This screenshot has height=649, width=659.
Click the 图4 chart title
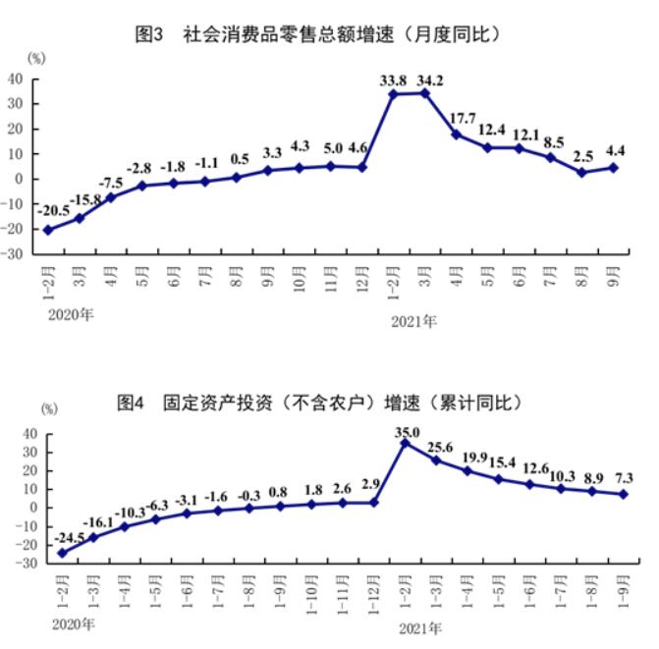pyautogui.click(x=318, y=403)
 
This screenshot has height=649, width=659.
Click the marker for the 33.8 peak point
pyautogui.click(x=392, y=94)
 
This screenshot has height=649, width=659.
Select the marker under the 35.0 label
pyautogui.click(x=406, y=444)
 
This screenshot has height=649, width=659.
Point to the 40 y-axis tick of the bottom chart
pyautogui.click(x=28, y=434)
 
